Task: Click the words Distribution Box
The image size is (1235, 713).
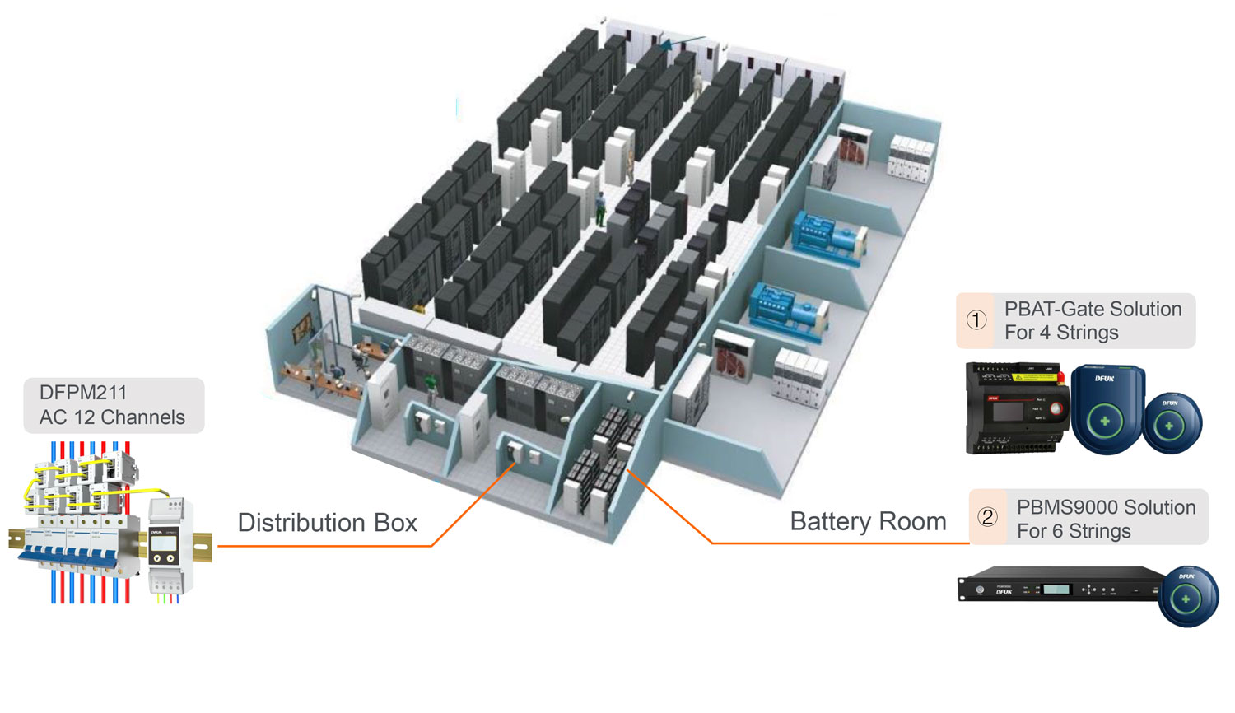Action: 327,523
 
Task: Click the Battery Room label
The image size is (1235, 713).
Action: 868,522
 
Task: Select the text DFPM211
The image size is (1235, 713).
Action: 83,393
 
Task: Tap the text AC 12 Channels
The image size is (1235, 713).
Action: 112,417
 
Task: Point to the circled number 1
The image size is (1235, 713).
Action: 976,320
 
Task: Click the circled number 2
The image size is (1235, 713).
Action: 987,517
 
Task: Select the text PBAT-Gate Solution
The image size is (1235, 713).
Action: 1093,309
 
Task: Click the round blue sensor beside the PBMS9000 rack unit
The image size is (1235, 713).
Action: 1186,598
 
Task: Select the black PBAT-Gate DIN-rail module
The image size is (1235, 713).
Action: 1016,408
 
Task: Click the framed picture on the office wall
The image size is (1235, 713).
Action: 302,328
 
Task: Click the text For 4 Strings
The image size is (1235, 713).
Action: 1061,333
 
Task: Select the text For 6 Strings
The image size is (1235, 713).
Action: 1074,531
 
